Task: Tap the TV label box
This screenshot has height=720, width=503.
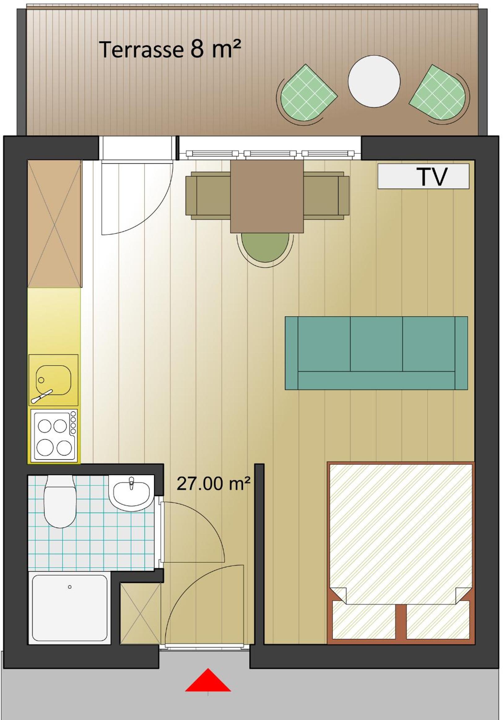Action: coord(423,176)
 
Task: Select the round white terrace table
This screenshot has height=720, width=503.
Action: coord(374,81)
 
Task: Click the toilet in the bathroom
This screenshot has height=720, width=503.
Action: coord(59,500)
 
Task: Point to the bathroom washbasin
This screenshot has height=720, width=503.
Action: coord(131,493)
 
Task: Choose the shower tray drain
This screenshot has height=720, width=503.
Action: coord(70,587)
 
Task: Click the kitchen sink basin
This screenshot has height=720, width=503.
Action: coord(53,380)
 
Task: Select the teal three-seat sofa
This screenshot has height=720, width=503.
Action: coord(376,353)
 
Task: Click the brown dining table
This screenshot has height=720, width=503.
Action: coord(267,196)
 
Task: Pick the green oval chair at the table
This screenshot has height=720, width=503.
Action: coord(265,248)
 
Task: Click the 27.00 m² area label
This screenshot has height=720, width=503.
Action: coord(213,483)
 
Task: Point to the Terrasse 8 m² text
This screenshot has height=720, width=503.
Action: coord(171,49)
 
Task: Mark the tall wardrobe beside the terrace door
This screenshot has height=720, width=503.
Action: coord(54,224)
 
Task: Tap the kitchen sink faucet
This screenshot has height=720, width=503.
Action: coord(42,396)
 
